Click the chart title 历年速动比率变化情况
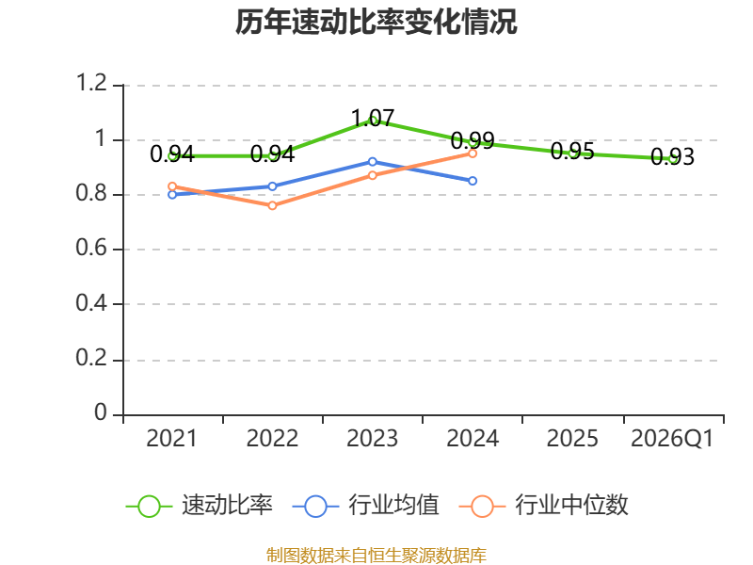click(376, 22)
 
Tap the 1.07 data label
click(373, 119)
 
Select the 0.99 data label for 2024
click(473, 140)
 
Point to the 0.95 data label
click(572, 152)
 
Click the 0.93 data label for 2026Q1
click(672, 156)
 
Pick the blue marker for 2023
click(373, 162)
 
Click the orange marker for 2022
click(272, 205)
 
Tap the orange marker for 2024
click(473, 153)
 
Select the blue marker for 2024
click(473, 181)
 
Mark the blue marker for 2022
click(272, 186)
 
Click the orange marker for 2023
click(373, 176)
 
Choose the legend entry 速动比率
click(200, 506)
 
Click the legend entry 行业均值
click(366, 506)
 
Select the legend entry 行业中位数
click(544, 506)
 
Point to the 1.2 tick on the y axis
click(91, 83)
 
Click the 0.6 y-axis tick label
click(91, 248)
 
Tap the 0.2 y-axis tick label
click(91, 358)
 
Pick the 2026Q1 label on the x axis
click(672, 439)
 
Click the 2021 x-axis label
click(172, 439)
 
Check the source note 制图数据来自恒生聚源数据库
click(376, 556)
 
